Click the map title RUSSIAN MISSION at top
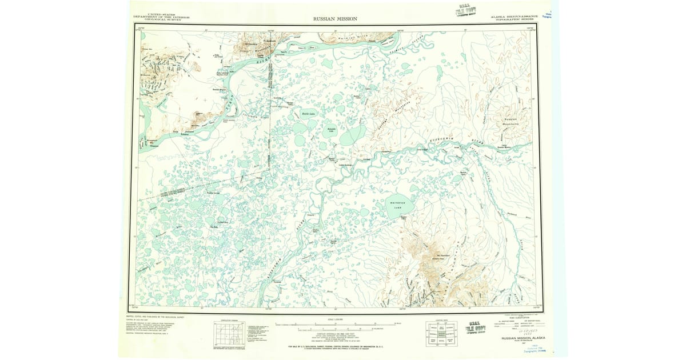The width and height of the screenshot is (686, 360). [x=335, y=19]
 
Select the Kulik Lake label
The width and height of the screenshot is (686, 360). [x=309, y=114]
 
